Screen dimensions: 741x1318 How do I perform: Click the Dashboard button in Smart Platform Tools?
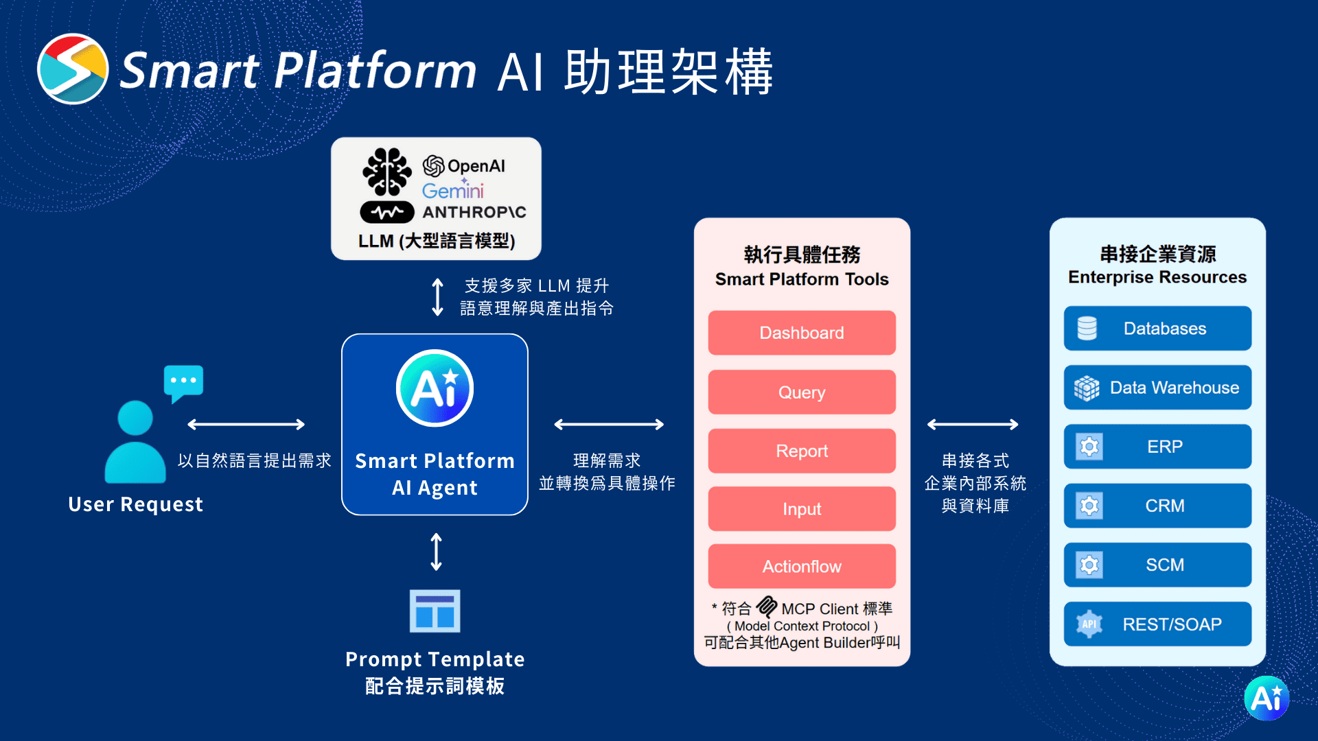801,333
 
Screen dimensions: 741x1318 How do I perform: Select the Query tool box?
801,392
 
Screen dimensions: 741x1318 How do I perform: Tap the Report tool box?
801,451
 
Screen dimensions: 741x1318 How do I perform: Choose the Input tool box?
801,509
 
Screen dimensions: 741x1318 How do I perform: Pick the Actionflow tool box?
801,567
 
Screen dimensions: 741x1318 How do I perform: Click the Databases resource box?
1157,329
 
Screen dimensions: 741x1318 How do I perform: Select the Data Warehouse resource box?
1157,388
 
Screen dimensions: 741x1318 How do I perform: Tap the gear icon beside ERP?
1089,447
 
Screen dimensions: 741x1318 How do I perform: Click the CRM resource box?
1157,506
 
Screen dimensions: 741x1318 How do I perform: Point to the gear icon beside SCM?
1089,565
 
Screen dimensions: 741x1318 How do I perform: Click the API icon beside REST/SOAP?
1089,624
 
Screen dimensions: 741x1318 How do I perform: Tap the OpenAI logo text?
465,166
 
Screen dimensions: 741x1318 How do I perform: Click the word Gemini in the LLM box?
452,190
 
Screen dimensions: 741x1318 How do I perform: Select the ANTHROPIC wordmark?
474,213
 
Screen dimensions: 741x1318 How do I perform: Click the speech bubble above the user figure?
183,381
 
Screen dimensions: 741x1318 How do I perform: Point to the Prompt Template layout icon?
435,611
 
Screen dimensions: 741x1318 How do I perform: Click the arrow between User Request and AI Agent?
246,425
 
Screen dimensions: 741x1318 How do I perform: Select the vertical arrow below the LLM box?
437,296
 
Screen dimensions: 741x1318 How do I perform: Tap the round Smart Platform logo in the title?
73,69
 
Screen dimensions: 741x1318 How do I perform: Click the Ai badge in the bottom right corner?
1267,698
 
